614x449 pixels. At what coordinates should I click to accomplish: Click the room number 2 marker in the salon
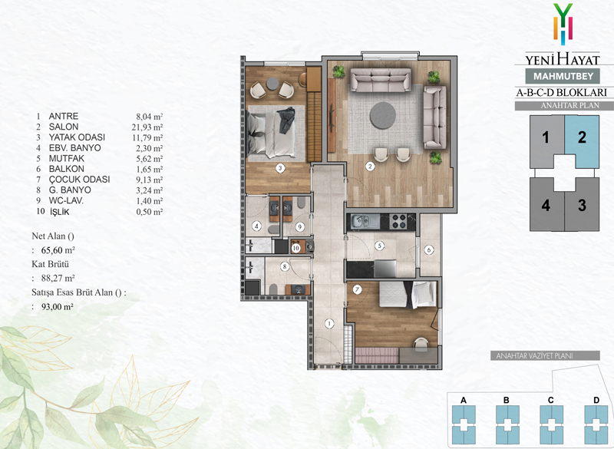(370, 167)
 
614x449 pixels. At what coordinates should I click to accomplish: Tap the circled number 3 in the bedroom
(279, 168)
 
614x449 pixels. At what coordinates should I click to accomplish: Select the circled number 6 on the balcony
(429, 249)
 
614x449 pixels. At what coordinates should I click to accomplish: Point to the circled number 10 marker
(295, 247)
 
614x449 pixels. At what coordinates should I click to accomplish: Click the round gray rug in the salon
(383, 115)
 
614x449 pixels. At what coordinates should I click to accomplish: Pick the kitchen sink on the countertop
(361, 222)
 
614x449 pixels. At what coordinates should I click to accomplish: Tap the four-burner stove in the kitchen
(398, 221)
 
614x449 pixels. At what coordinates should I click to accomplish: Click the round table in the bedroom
(272, 83)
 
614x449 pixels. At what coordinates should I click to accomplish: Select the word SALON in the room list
(64, 127)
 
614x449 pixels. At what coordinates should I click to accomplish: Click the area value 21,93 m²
(147, 127)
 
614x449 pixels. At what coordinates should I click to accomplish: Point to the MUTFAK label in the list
(67, 159)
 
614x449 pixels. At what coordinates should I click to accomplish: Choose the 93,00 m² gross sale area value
(57, 307)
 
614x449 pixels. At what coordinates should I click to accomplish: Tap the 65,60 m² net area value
(58, 250)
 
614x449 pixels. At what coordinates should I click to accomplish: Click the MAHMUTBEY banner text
(563, 76)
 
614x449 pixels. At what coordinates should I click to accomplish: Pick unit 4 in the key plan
(546, 204)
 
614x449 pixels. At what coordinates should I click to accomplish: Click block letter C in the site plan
(550, 400)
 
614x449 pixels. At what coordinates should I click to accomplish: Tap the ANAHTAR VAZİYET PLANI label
(534, 356)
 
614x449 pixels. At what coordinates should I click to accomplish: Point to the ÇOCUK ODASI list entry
(79, 180)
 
